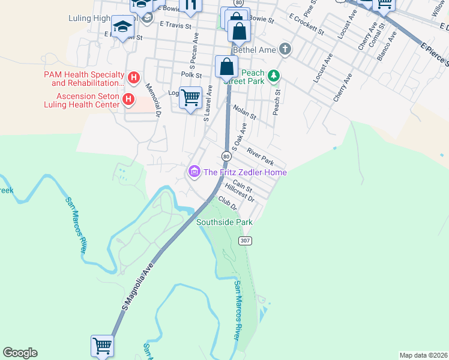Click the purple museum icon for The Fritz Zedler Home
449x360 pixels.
(x=194, y=172)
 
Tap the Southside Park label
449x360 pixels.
(x=224, y=222)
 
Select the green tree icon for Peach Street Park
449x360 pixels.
(x=274, y=76)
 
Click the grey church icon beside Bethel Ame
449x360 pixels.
(x=285, y=49)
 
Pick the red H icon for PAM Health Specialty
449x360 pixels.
(x=134, y=77)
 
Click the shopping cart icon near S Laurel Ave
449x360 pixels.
(x=190, y=97)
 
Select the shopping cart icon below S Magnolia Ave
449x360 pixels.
(x=102, y=346)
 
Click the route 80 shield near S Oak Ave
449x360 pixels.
(x=226, y=156)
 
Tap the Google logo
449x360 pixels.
(x=20, y=353)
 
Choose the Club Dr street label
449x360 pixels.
(x=228, y=202)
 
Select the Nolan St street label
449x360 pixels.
(x=245, y=111)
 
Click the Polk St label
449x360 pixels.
(x=191, y=75)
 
